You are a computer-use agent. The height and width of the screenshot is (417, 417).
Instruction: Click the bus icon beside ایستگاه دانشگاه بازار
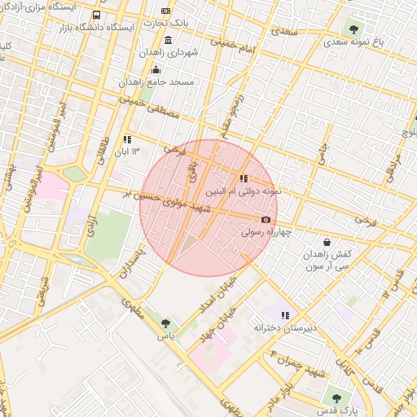[x=97, y=15]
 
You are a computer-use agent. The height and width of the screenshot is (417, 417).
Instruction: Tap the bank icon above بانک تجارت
[x=166, y=11]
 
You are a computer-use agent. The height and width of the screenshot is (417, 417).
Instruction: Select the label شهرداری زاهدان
[x=169, y=52]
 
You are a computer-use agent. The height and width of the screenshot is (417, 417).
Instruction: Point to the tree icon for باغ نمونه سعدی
[x=353, y=29]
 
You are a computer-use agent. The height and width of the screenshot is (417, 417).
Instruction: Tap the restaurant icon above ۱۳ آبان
[x=127, y=139]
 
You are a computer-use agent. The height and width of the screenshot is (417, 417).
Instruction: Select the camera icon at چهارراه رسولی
[x=266, y=219]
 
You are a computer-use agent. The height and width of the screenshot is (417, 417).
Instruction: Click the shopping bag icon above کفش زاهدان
[x=327, y=242]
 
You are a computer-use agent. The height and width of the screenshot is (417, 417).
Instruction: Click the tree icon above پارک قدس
[x=336, y=398]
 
